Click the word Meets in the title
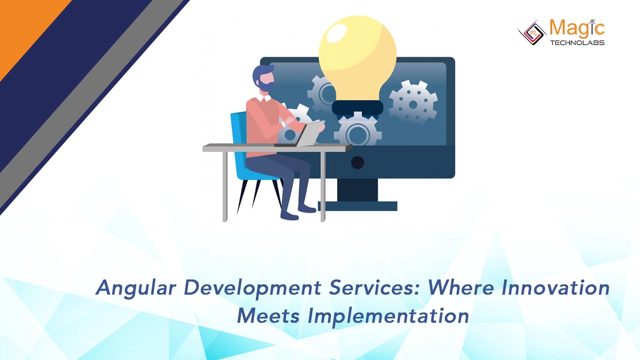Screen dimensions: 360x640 pos(268,316)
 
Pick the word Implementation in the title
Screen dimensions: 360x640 pos(388,316)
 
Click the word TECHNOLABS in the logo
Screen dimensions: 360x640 pos(577,43)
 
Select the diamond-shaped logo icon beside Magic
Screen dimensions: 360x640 pos(532,33)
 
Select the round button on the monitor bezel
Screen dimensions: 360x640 pos(357,163)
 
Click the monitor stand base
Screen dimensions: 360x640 pos(358,206)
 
